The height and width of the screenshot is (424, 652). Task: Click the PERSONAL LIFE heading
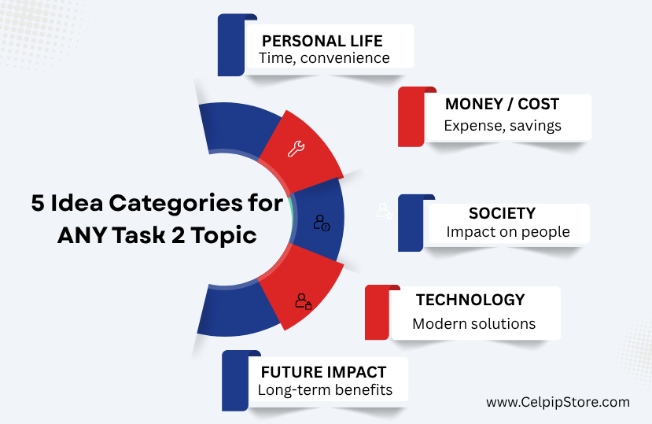(322, 41)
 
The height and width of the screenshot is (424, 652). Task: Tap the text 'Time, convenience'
(324, 58)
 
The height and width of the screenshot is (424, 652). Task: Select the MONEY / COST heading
(503, 104)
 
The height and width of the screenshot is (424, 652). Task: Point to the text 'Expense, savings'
(503, 126)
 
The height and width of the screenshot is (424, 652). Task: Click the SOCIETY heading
(503, 213)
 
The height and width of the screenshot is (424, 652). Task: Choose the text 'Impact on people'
(508, 232)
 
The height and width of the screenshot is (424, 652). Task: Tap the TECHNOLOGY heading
(470, 300)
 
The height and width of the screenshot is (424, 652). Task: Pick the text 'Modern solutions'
(474, 324)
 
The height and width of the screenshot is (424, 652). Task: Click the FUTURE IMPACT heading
(324, 372)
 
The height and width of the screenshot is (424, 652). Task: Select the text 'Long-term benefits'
(325, 390)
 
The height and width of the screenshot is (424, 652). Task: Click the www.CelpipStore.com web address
(558, 402)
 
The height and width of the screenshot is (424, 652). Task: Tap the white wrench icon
(296, 149)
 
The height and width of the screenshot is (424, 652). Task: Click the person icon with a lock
(303, 301)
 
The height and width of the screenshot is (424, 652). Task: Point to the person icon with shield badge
(322, 223)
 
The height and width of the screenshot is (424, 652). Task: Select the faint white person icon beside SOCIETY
(385, 211)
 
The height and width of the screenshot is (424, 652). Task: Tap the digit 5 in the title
(38, 203)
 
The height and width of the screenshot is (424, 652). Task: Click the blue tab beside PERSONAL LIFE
(231, 45)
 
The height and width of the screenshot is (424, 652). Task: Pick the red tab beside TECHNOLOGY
(378, 312)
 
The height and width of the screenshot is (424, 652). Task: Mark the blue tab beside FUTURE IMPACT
(235, 381)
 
